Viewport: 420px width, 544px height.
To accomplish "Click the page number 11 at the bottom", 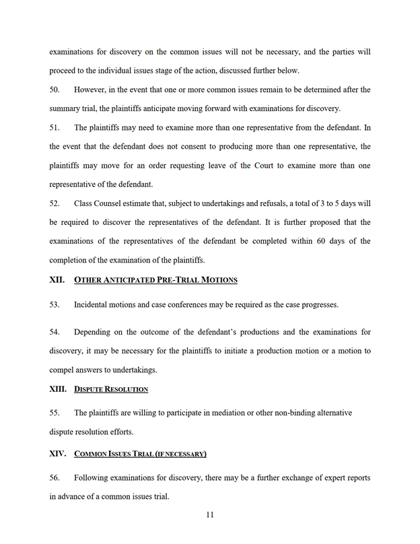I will tap(209, 516).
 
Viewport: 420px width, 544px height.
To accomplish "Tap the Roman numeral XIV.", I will tap(58, 454).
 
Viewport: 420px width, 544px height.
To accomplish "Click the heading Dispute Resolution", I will tap(111, 389).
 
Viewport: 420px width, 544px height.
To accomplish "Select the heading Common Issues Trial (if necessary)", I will tap(140, 454).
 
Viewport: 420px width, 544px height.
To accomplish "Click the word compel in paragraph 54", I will tap(63, 370).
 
